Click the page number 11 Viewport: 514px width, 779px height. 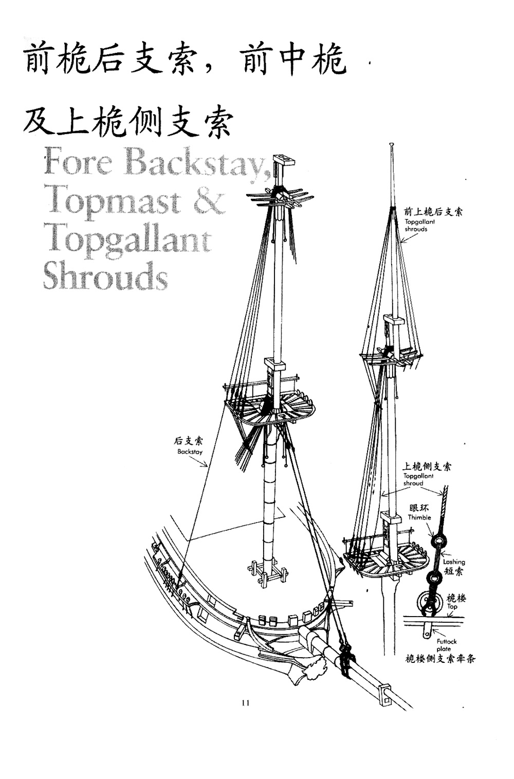[245, 703]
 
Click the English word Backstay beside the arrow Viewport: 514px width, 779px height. [190, 452]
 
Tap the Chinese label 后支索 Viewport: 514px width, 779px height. [188, 441]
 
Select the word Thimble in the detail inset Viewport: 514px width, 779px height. [419, 517]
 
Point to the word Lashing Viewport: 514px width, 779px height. [454, 562]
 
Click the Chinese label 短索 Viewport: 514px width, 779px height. [453, 571]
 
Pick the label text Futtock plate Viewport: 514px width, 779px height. [446, 645]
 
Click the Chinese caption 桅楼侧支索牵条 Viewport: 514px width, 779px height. [440, 659]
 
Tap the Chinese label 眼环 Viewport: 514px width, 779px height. [419, 509]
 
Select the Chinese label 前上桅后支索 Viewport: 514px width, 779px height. [433, 212]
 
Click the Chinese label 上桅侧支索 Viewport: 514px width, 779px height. [427, 467]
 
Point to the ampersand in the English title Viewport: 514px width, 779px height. [209, 201]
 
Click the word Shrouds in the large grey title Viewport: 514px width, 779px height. [105, 276]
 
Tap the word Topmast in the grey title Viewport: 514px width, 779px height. [112, 201]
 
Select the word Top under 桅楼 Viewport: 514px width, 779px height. [452, 607]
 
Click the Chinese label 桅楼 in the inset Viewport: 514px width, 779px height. [456, 598]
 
